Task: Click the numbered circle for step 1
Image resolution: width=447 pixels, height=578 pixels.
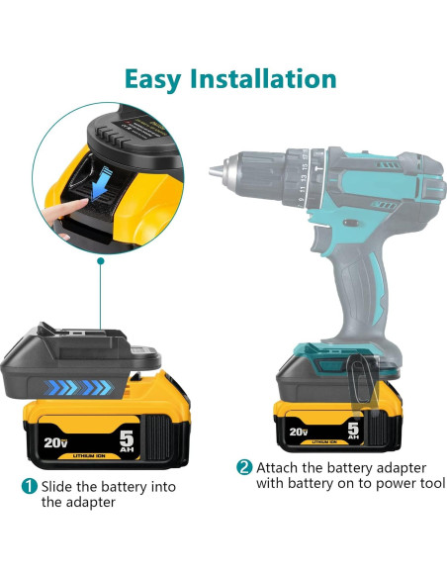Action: (x=30, y=485)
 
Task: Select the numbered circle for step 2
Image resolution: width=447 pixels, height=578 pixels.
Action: (x=244, y=466)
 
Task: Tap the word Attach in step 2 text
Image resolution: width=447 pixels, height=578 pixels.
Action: (x=278, y=466)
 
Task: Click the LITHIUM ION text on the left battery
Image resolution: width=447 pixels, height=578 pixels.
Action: (x=88, y=454)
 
